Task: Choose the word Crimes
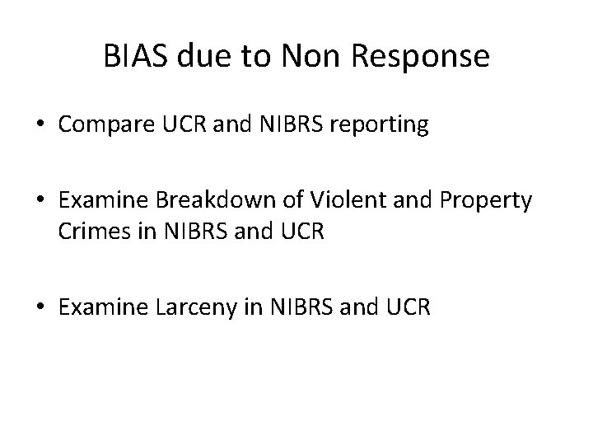coord(88,233)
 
